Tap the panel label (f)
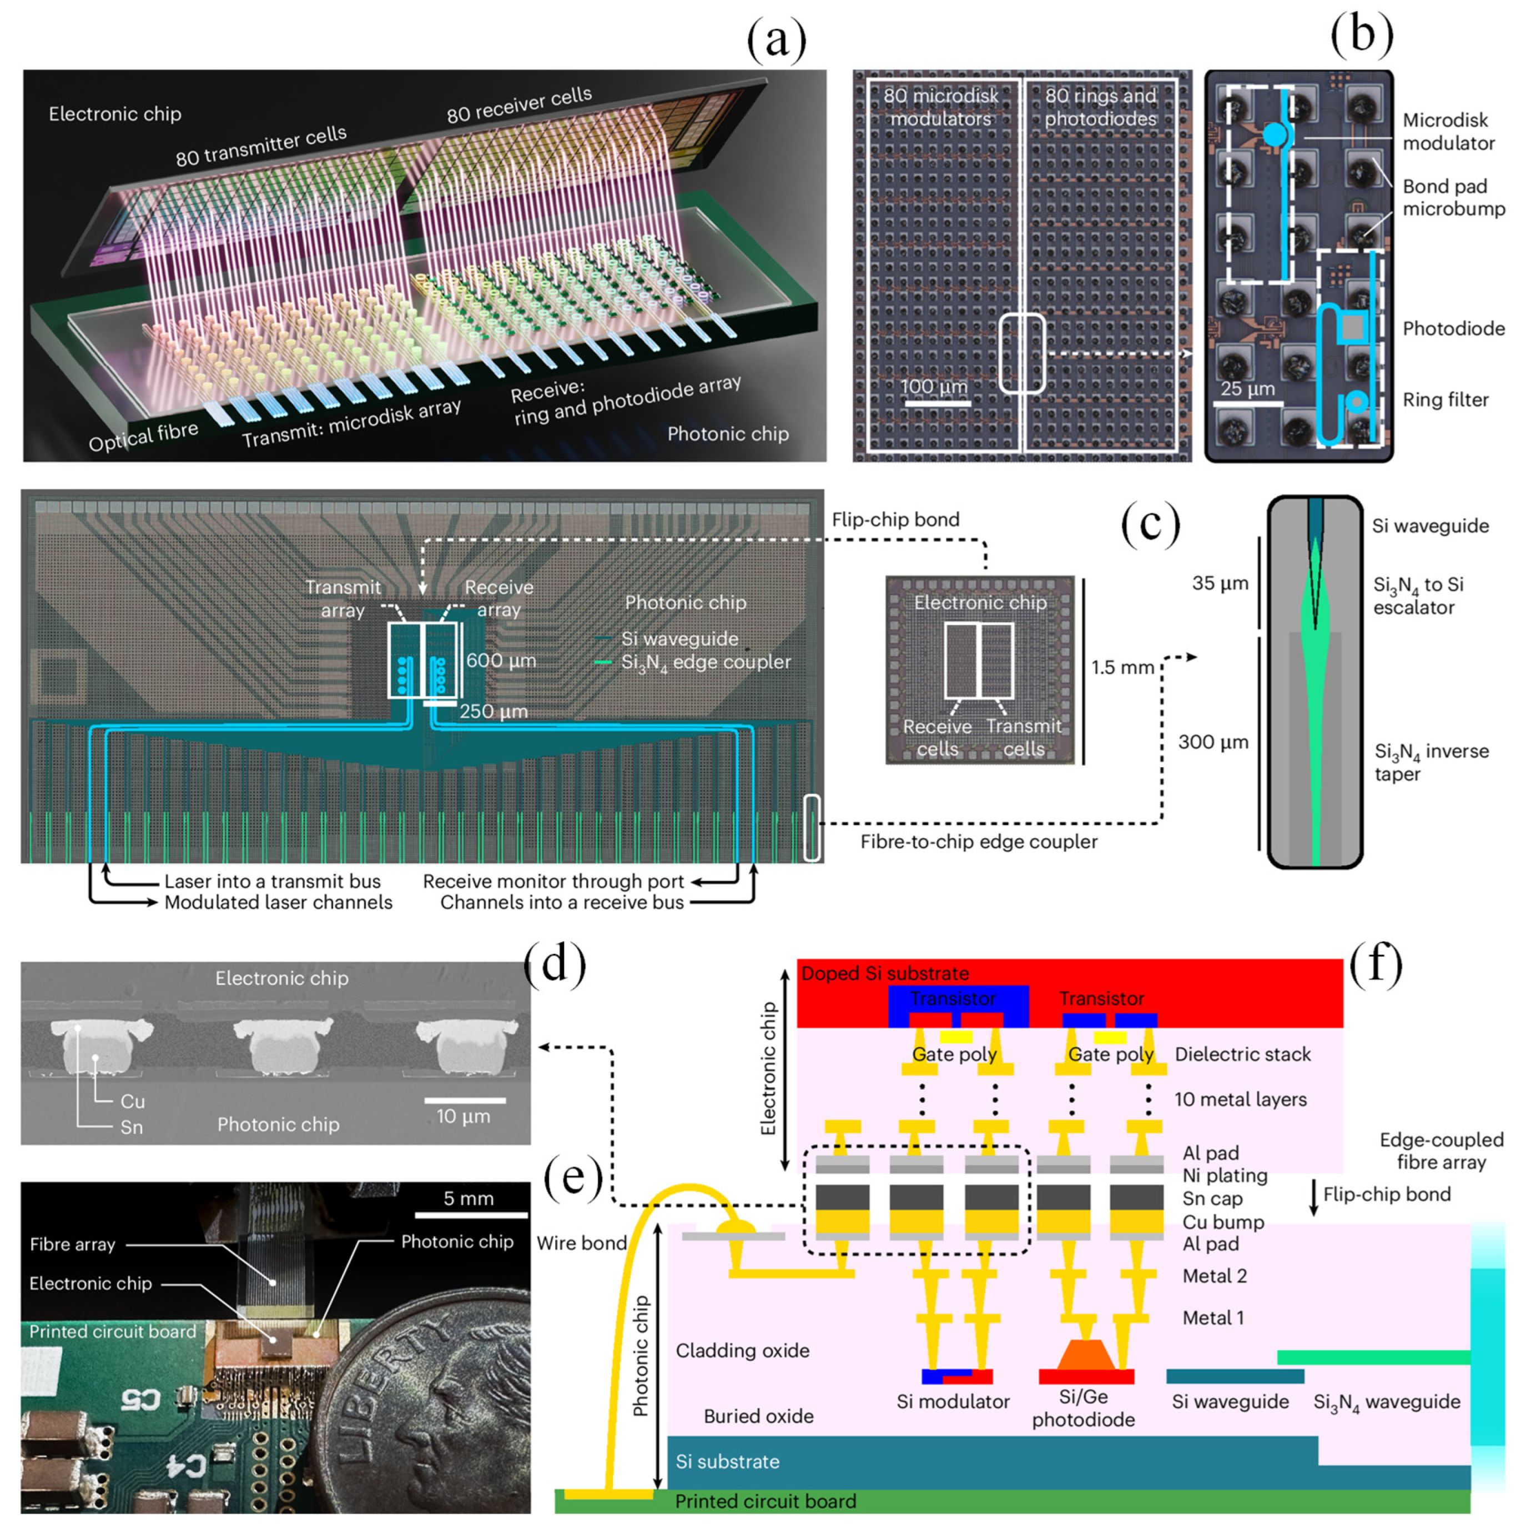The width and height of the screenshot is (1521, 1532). tap(1376, 965)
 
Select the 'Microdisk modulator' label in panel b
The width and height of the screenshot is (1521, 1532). tap(1448, 132)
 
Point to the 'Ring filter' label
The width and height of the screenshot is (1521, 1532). tap(1445, 399)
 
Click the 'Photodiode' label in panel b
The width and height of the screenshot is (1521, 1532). tap(1453, 328)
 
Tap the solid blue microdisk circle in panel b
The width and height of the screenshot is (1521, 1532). tap(1274, 135)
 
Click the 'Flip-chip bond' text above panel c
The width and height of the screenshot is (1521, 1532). tap(895, 519)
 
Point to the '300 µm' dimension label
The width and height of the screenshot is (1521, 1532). tap(1213, 742)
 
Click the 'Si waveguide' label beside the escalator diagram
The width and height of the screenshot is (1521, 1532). tap(1430, 525)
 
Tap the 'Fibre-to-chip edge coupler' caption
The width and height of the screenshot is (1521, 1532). tap(978, 842)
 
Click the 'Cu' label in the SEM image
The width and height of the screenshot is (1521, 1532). tap(132, 1102)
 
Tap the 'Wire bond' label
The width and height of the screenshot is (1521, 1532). tap(581, 1243)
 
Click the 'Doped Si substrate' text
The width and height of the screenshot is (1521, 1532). tap(884, 974)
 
